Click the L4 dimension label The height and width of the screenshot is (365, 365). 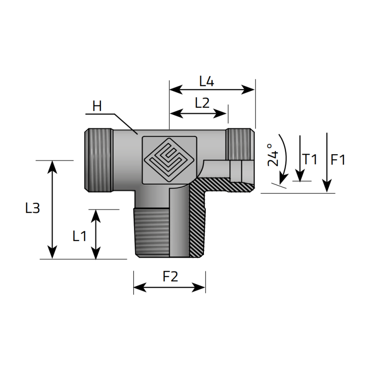(207, 82)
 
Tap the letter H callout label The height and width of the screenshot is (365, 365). (97, 107)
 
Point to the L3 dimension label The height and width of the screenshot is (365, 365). (32, 209)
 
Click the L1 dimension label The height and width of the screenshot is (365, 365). (79, 235)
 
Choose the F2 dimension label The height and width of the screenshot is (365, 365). (170, 276)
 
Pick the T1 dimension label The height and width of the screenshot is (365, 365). (310, 159)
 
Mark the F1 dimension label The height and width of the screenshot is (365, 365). (338, 160)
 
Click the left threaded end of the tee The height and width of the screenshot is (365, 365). (98, 160)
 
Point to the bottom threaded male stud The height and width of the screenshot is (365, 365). (153, 233)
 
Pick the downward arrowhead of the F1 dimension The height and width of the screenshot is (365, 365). (327, 187)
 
